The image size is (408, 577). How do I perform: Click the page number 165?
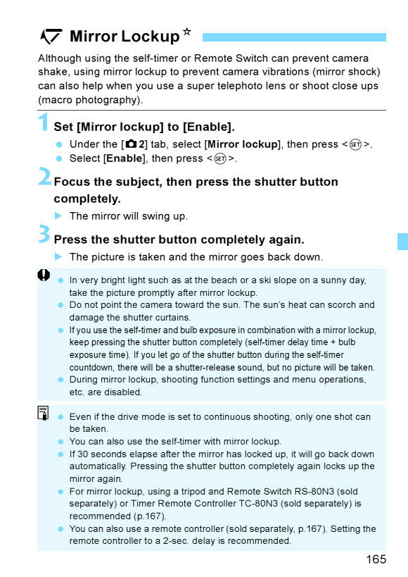coord(376,559)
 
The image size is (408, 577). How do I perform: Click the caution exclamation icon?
coord(44,276)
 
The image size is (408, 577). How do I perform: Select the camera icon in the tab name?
coord(131,144)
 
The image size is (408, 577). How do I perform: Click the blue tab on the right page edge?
coord(402,241)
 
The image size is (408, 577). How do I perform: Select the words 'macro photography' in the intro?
coord(89,99)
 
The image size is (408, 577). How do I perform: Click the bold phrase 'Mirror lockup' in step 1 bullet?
coord(242,144)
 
